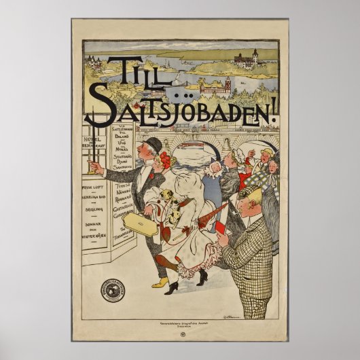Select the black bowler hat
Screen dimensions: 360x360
click(x=153, y=145)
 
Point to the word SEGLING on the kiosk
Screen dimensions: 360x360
click(x=94, y=211)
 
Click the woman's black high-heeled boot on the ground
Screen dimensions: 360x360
click(x=172, y=287)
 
